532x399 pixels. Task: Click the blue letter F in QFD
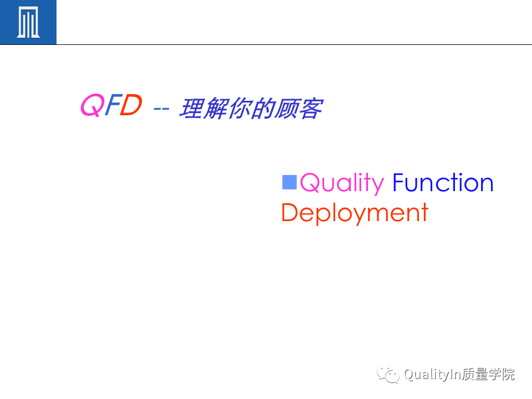tap(112, 105)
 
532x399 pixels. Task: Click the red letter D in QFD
tap(131, 105)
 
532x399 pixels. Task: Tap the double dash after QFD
tap(161, 109)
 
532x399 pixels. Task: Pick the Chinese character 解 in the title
tap(216, 108)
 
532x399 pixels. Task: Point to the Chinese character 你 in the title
tap(240, 108)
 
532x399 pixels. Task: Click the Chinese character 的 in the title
tap(263, 108)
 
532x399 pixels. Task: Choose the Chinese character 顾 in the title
tap(287, 108)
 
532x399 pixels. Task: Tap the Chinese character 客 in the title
tap(311, 108)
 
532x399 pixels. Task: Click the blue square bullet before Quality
tap(289, 182)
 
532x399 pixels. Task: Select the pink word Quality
tap(342, 183)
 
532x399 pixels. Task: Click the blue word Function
tap(443, 182)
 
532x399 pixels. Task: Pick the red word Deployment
tap(355, 213)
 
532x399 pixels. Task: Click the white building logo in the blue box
tap(28, 22)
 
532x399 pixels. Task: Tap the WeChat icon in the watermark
tap(388, 374)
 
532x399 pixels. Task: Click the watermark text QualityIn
tap(432, 375)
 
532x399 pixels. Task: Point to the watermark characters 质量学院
tap(488, 374)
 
